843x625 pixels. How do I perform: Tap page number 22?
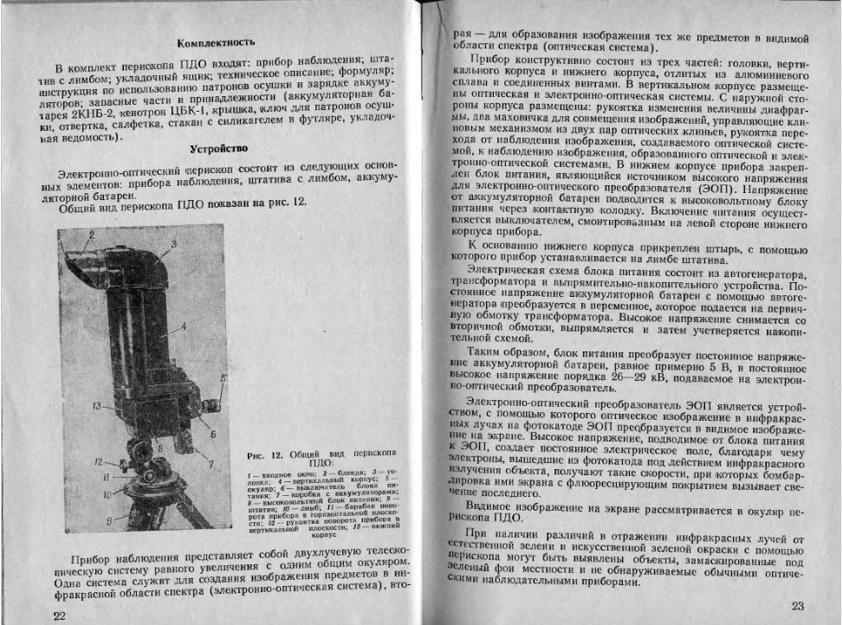58,614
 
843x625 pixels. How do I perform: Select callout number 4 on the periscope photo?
185,328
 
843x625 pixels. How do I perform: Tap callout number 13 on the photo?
97,405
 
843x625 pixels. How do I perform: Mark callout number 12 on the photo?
99,462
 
